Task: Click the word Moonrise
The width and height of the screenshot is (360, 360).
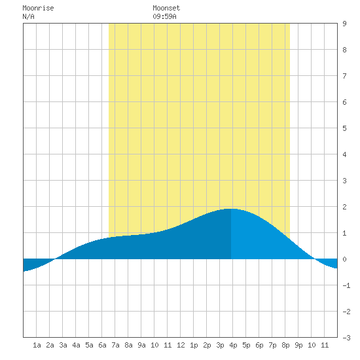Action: tap(38, 8)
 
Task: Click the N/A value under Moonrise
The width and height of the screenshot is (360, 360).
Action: tap(28, 16)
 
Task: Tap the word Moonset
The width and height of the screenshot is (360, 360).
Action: tap(166, 8)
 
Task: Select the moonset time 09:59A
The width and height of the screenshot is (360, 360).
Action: tap(164, 16)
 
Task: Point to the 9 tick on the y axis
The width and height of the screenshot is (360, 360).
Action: tap(344, 24)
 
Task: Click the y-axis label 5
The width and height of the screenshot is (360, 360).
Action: tap(344, 128)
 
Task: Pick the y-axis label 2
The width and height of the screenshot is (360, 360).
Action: tap(344, 207)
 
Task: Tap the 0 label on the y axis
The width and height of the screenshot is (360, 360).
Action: tap(344, 259)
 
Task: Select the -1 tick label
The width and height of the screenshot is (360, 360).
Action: tap(346, 285)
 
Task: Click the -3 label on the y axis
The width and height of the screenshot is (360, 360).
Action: tap(346, 338)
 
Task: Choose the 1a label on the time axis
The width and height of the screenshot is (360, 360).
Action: tap(37, 345)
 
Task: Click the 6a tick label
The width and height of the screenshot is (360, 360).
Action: tap(102, 345)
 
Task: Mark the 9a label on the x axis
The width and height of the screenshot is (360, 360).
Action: tap(141, 345)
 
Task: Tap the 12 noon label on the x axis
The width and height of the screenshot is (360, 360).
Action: tap(181, 345)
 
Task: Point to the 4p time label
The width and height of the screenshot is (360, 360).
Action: tap(233, 345)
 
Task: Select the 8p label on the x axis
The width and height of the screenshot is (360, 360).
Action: tap(285, 345)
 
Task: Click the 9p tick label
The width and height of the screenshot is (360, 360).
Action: tap(298, 345)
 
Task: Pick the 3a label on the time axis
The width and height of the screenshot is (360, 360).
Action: tap(63, 345)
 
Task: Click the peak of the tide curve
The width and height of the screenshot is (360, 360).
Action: tap(231, 209)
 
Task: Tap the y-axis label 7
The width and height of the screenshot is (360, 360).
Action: tap(344, 76)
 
